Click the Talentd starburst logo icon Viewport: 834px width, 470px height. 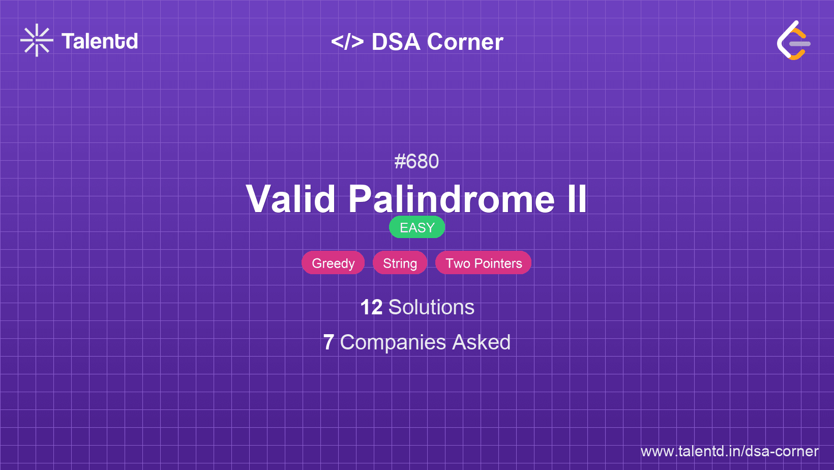pyautogui.click(x=37, y=41)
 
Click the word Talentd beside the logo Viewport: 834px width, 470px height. pyautogui.click(x=100, y=41)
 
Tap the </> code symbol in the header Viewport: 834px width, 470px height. pyautogui.click(x=347, y=42)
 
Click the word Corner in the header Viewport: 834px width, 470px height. pyautogui.click(x=465, y=42)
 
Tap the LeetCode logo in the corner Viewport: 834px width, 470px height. pyautogui.click(x=793, y=41)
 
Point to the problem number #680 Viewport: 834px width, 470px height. pyautogui.click(x=416, y=161)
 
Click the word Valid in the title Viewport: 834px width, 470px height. pyautogui.click(x=291, y=199)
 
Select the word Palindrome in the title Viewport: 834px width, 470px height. pyautogui.click(x=452, y=199)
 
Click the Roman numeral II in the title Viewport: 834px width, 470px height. pyautogui.click(x=577, y=199)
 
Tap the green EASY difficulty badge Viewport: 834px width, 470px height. pyautogui.click(x=417, y=227)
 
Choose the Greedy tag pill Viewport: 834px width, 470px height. pyautogui.click(x=333, y=263)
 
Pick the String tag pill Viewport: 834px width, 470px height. pyautogui.click(x=400, y=263)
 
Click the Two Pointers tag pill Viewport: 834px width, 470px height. pyautogui.click(x=484, y=263)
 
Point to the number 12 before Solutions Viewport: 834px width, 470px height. pyautogui.click(x=371, y=307)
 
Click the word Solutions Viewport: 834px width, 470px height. pyautogui.click(x=431, y=307)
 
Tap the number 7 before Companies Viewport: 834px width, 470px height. pyautogui.click(x=329, y=342)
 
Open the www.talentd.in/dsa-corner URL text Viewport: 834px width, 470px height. pyautogui.click(x=729, y=451)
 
